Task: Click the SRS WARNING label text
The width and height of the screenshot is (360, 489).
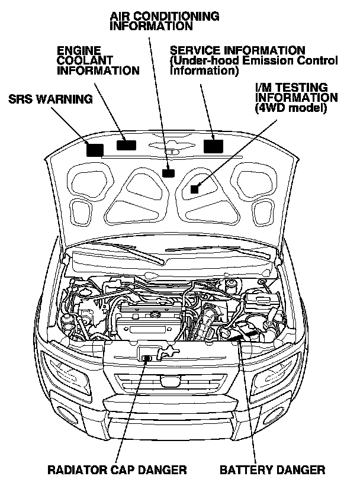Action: click(50, 99)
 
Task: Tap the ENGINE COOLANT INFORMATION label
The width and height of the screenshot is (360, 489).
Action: click(98, 60)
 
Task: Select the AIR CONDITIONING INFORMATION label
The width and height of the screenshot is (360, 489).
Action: click(165, 21)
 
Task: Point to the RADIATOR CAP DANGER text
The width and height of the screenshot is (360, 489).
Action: click(118, 470)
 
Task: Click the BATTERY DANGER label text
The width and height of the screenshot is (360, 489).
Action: click(272, 470)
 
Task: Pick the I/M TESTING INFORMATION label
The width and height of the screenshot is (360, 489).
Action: click(296, 98)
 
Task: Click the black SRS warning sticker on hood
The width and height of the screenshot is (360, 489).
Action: click(95, 149)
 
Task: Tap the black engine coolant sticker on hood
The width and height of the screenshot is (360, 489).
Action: click(126, 145)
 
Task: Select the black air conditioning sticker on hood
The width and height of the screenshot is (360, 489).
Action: click(169, 173)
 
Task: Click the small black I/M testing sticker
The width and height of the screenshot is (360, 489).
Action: click(195, 189)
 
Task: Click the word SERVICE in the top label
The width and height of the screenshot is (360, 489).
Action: click(192, 50)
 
